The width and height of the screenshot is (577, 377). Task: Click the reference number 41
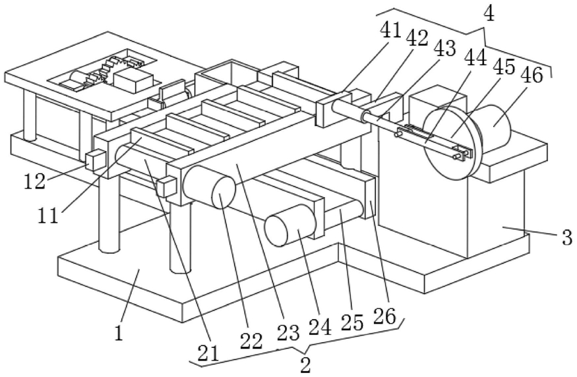coord(390,30)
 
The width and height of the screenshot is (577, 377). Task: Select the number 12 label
coord(35,181)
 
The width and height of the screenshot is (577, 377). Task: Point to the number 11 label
coord(48,216)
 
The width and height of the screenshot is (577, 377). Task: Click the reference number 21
coord(208,353)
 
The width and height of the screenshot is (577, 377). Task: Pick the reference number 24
coord(320,326)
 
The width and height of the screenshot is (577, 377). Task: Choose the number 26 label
coord(384,316)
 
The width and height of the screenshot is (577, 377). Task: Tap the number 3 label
coord(567,237)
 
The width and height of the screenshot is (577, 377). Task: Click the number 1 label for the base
coord(119,333)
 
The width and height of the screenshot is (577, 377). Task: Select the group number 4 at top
coord(489,14)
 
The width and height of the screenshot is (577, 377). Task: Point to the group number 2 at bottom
coord(305,364)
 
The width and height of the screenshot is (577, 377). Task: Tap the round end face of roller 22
coord(224,191)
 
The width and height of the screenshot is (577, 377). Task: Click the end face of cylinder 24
coord(276,231)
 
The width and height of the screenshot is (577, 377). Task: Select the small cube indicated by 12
coord(96,160)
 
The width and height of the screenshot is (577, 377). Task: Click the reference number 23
coord(288,333)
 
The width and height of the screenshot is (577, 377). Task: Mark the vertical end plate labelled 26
coord(370,198)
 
